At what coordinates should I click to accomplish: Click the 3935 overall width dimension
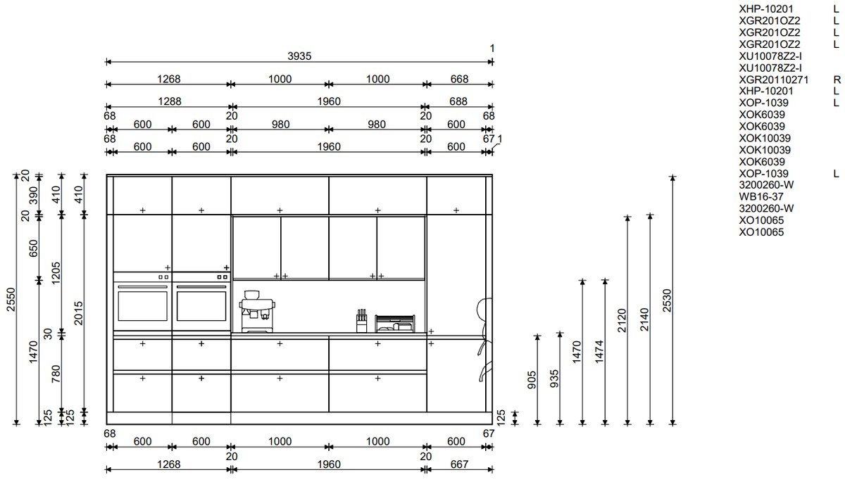tap(299, 56)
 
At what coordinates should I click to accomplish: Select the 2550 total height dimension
tap(11, 299)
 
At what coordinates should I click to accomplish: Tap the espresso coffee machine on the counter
tap(257, 312)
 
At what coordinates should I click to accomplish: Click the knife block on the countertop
tap(361, 321)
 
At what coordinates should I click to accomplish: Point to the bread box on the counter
tap(395, 324)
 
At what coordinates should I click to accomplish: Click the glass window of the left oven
tap(142, 306)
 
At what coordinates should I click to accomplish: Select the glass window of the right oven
tap(201, 306)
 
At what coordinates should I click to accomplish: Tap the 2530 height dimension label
tap(667, 300)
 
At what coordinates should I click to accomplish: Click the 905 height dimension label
tap(532, 380)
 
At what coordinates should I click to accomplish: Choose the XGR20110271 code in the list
tap(773, 80)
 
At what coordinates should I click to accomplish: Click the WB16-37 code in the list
tap(761, 196)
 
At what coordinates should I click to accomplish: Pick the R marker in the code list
tap(837, 80)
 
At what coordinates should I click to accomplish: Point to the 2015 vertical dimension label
tap(78, 313)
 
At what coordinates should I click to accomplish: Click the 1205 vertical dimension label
tap(56, 273)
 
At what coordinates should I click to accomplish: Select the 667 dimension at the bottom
tap(459, 464)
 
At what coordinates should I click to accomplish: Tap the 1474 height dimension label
tap(599, 352)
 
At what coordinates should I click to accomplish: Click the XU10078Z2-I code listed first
tap(770, 56)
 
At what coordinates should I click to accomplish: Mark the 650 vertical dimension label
tap(34, 248)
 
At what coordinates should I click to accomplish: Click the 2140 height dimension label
tap(644, 319)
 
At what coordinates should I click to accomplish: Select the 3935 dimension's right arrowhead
tap(490, 62)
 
